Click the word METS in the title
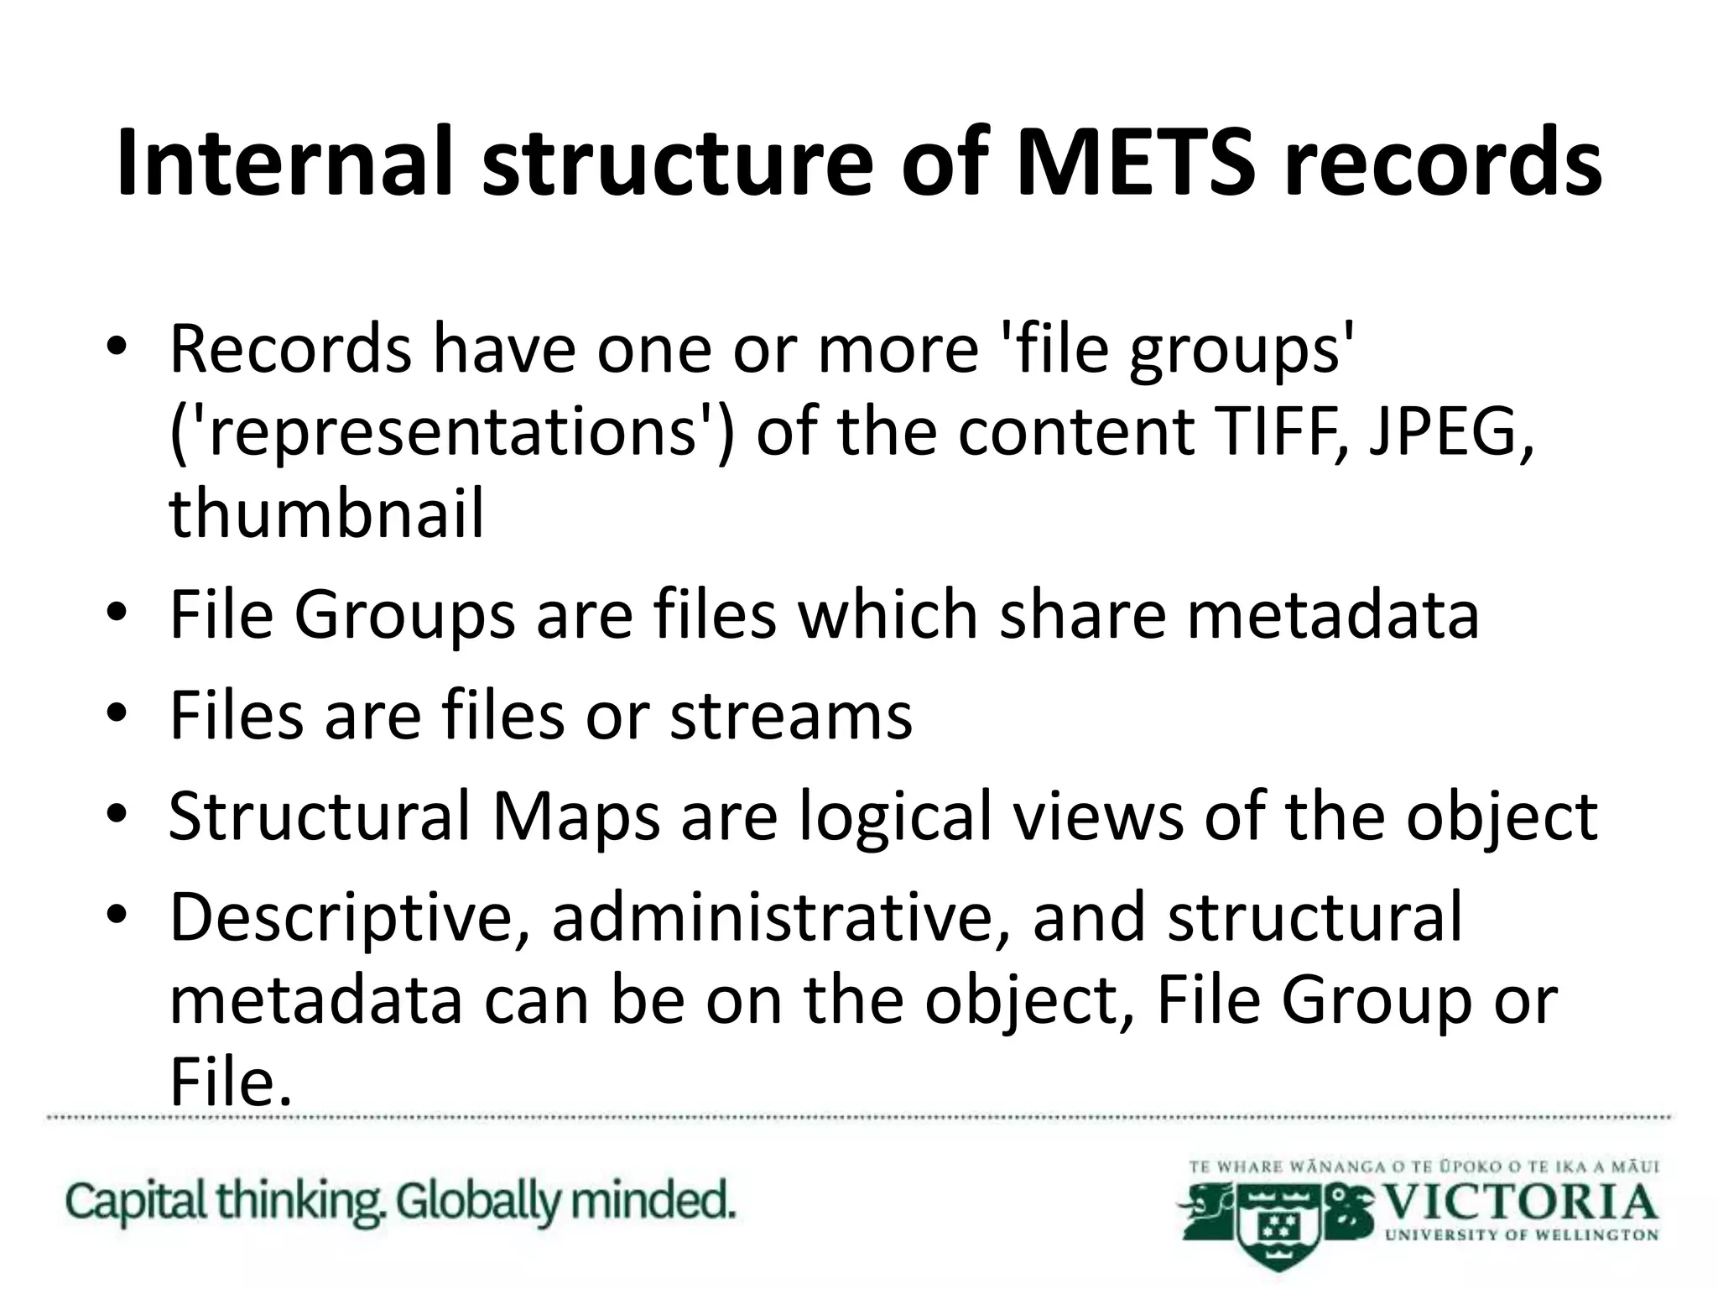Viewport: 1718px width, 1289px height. point(1136,162)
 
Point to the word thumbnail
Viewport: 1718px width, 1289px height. point(326,513)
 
